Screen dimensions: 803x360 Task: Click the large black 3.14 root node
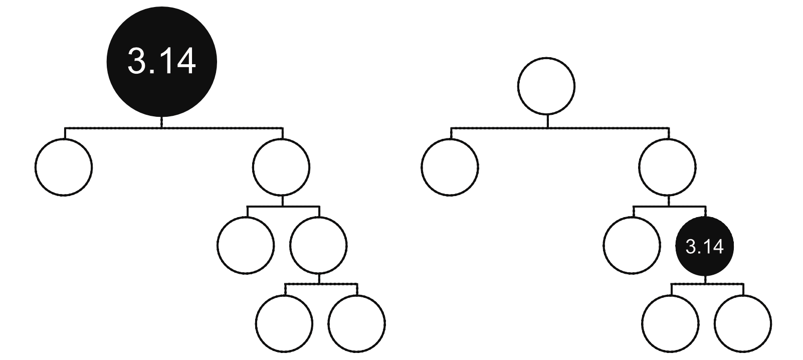tap(162, 62)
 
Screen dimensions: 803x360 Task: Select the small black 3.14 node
tap(704, 246)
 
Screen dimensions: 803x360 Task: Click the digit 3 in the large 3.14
tap(136, 62)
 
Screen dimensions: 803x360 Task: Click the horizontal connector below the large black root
tap(174, 128)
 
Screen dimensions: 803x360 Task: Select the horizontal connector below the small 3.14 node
tap(707, 284)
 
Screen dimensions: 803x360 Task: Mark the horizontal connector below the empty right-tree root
tap(560, 128)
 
